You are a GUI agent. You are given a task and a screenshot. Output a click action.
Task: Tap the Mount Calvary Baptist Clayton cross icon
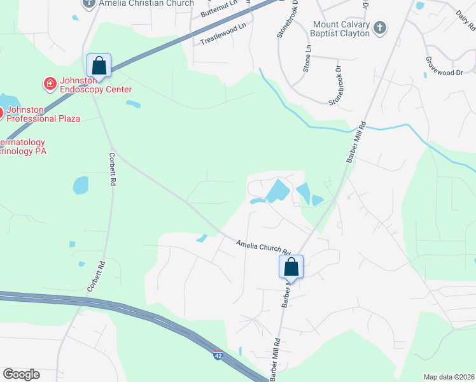coord(379,27)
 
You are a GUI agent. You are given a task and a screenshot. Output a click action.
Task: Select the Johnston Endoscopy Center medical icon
coord(49,83)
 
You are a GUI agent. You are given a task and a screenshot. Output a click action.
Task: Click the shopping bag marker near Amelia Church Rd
coord(291,266)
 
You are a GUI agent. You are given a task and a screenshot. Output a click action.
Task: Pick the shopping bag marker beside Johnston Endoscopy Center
coord(99,65)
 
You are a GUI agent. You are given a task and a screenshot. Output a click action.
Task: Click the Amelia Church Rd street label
coord(263,247)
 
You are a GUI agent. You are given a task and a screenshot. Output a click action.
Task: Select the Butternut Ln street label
coord(218,9)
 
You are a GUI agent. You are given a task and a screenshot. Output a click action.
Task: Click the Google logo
coord(21,374)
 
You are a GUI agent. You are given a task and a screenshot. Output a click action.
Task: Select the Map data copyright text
coord(449,377)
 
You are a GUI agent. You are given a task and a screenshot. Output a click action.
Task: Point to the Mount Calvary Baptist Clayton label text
coord(341,29)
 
